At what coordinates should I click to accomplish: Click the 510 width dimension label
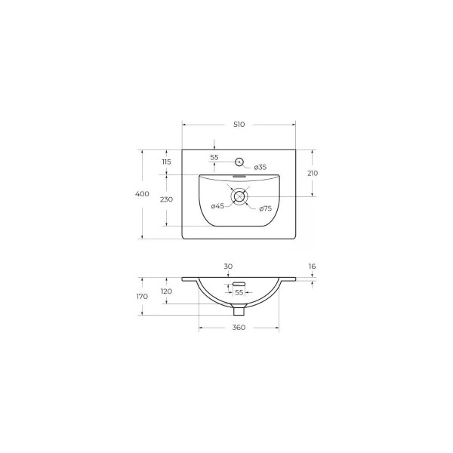coord(239,125)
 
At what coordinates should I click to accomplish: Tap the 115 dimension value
coord(166,162)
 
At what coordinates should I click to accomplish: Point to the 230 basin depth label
coord(166,199)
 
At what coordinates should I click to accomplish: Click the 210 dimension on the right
coord(313,173)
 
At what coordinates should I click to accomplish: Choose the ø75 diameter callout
coord(265,208)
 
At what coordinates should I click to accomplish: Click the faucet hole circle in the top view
coord(239,162)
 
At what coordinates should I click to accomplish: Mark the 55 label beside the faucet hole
coord(214,157)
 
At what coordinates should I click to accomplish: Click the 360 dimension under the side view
coord(239,328)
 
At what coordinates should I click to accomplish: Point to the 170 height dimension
coord(141,296)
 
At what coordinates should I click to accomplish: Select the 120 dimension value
coord(166,291)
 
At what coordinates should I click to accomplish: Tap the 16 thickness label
coord(313,266)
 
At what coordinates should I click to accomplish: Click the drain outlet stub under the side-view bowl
coord(239,310)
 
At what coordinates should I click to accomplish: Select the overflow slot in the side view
coord(239,283)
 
